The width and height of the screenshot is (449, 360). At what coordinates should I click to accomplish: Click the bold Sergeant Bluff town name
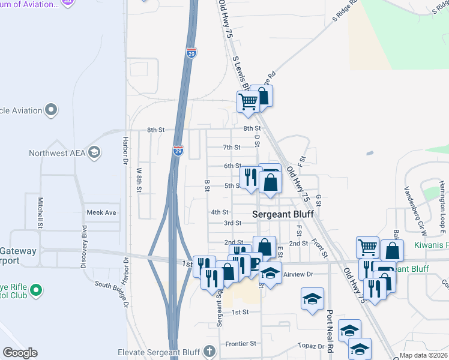tap(283, 214)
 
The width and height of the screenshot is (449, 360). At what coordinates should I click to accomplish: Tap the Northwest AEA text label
tap(57, 153)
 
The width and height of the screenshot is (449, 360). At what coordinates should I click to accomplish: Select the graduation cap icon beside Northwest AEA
tap(94, 152)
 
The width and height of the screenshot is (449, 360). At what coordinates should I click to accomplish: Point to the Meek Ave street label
tap(101, 212)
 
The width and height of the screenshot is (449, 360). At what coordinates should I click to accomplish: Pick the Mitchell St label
tap(41, 212)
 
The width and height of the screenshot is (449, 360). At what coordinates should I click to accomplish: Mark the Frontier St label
tap(241, 343)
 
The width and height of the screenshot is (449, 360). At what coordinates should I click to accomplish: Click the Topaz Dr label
tap(310, 347)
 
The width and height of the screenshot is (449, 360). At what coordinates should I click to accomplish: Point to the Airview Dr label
tap(298, 274)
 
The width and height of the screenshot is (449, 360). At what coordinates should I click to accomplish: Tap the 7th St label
tap(232, 147)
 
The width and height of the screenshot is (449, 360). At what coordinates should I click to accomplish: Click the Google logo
tap(20, 353)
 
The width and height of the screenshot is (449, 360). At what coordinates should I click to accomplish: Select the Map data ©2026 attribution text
tap(424, 356)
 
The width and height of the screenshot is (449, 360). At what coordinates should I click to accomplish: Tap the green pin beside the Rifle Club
tap(36, 290)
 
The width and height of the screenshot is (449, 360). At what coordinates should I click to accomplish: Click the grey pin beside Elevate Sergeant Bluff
tap(209, 350)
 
